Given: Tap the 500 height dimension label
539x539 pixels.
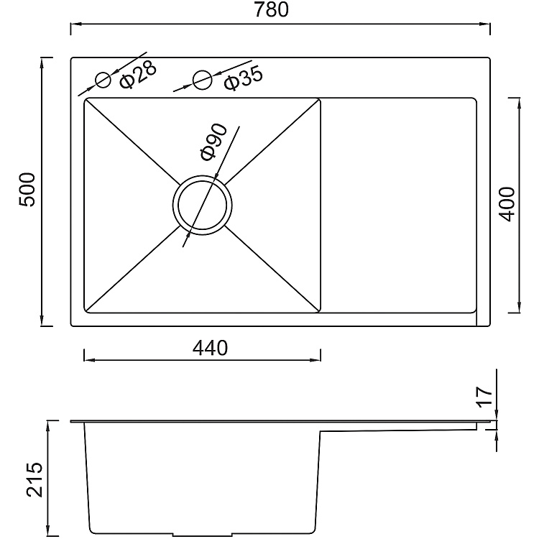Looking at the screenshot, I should coord(27,190).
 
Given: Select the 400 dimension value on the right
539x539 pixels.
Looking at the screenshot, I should coord(506,204).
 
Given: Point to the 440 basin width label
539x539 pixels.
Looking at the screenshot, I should coord(210,348).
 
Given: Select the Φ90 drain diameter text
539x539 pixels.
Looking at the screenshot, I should coord(213,142).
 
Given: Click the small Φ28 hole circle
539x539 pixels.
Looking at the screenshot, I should coord(103,79).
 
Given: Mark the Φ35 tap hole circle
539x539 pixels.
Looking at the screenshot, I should coord(203,79).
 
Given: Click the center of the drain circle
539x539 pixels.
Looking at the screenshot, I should coord(201,204).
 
